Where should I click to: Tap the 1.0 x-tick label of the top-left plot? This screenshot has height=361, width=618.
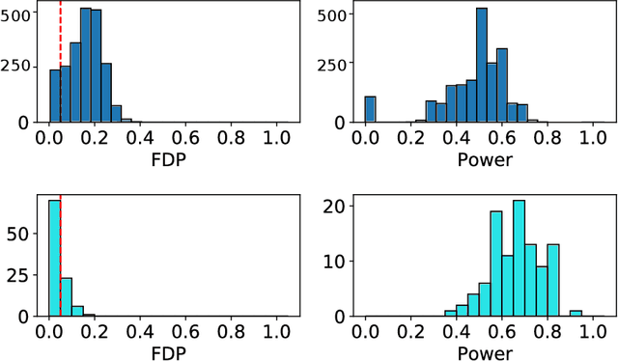click(276, 137)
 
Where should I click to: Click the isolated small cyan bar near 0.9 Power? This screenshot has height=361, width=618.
click(576, 313)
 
